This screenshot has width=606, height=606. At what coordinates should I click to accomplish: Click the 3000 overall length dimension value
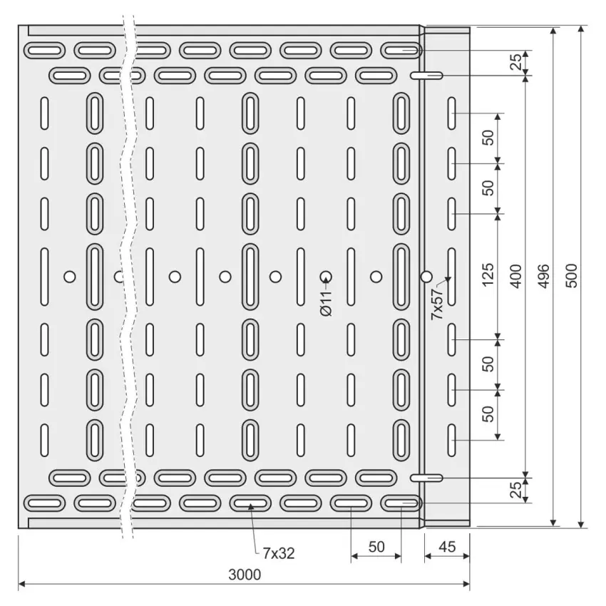pos(245,575)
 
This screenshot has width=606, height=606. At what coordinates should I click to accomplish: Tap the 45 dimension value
pos(447,547)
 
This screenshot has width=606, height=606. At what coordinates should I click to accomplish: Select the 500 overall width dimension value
pos(572,276)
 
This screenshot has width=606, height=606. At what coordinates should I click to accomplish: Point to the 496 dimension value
pos(544,276)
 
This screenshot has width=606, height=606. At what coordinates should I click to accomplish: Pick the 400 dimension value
pos(516,276)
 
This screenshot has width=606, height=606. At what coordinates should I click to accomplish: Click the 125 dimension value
pos(488,274)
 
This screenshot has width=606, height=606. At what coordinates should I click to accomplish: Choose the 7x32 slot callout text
pos(279,553)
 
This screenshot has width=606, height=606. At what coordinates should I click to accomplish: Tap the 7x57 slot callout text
pos(438,304)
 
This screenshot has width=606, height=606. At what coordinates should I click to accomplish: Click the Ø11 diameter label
pos(327,304)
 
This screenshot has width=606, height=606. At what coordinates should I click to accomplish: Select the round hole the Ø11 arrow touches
pos(326,277)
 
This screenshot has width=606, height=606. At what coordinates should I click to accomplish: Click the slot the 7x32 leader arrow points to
pos(250,503)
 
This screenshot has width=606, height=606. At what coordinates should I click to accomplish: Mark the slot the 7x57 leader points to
pos(451,277)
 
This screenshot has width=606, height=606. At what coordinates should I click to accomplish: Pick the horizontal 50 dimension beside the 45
pos(376,547)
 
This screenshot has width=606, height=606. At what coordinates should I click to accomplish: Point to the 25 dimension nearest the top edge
pos(516,62)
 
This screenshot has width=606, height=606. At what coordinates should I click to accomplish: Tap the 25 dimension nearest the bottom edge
pos(516,490)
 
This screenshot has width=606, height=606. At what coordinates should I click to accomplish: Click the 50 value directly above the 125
pos(488,188)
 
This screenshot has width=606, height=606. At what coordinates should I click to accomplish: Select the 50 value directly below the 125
pos(488,364)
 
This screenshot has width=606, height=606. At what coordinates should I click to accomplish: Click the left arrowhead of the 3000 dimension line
pos(22,584)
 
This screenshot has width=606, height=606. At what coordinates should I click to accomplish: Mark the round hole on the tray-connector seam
pos(426,277)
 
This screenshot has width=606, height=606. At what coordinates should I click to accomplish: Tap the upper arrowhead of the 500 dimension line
pos(580,30)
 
